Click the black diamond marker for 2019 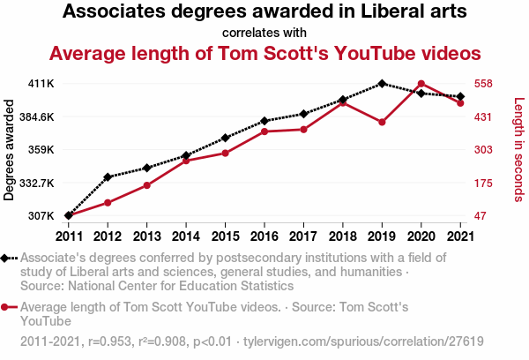382,84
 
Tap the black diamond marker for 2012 108,177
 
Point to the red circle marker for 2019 382,123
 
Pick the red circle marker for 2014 186,161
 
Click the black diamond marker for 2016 264,121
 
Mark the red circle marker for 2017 303,130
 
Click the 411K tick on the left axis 41,84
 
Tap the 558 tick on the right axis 483,84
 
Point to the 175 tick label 483,183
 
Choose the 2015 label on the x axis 225,236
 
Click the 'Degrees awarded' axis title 11,150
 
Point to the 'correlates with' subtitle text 264,33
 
